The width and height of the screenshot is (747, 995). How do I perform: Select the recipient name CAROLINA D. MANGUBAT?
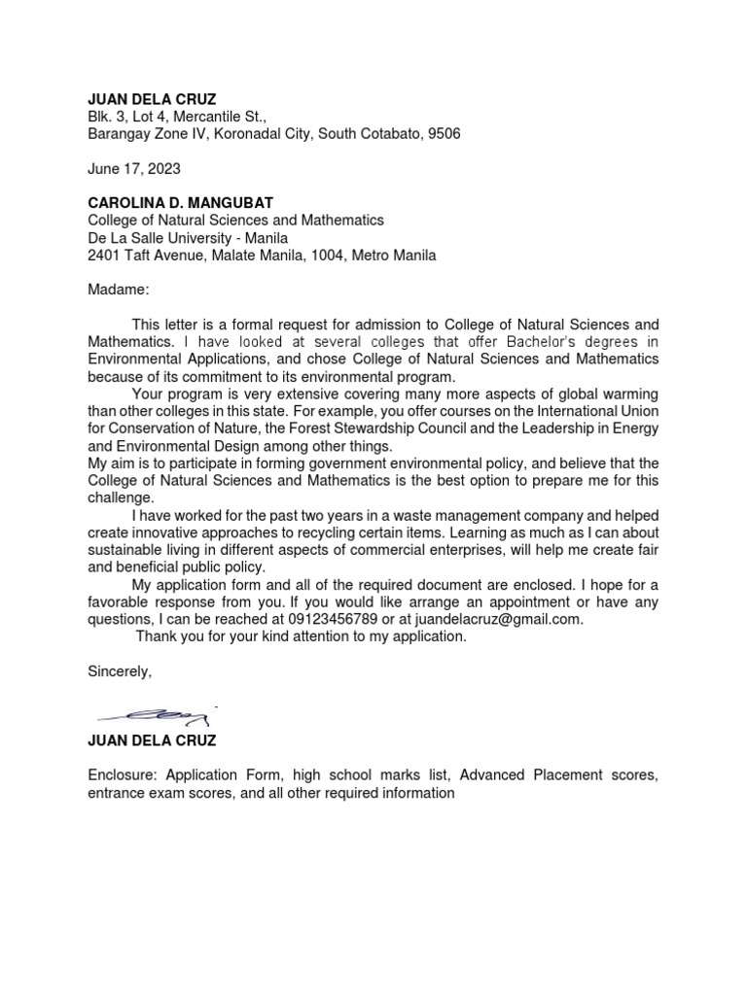click(180, 203)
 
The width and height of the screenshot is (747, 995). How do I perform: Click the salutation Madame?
click(119, 290)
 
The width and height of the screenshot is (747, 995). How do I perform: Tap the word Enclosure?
click(123, 775)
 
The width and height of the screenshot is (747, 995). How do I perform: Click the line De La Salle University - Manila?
click(188, 238)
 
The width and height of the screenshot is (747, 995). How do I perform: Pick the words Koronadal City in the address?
click(262, 134)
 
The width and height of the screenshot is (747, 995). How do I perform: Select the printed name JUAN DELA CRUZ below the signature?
click(153, 740)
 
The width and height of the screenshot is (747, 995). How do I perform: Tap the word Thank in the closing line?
click(157, 636)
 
